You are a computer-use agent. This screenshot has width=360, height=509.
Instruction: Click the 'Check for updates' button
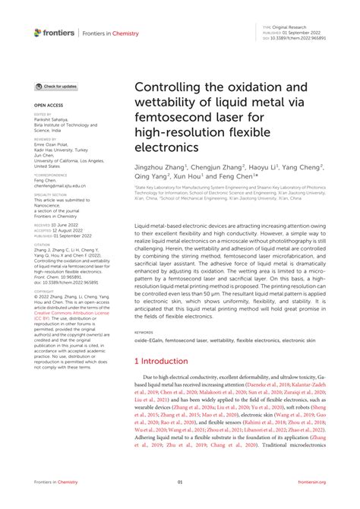click(56, 87)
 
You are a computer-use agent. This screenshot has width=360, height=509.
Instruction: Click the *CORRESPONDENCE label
click(49, 175)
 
